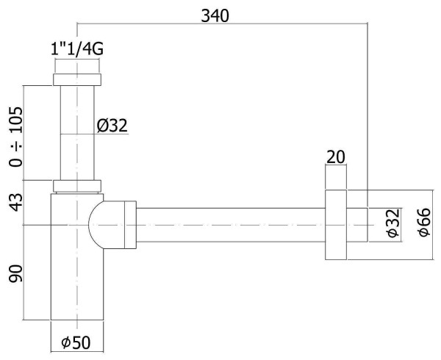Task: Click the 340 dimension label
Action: (215, 15)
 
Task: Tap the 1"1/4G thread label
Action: (76, 49)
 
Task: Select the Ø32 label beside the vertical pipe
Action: (112, 126)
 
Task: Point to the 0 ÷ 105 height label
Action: (15, 137)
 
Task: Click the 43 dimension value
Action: (15, 202)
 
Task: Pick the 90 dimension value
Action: (15, 273)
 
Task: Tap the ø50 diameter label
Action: (76, 342)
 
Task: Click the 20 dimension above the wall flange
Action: (336, 157)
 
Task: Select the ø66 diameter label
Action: (424, 223)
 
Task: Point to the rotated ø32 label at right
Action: (393, 223)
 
